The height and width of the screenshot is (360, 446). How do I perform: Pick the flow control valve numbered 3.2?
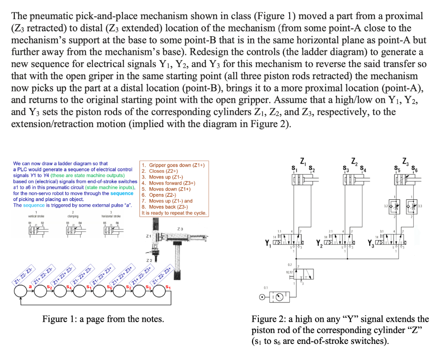click(394, 205)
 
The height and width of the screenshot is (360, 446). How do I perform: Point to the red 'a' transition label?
click(30, 286)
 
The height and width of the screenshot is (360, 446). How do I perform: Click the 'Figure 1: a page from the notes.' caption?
click(103, 319)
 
